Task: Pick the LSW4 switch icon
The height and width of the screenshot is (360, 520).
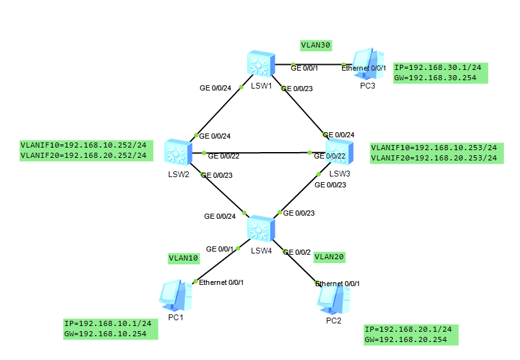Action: (x=260, y=229)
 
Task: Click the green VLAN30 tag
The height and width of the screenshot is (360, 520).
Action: (x=316, y=46)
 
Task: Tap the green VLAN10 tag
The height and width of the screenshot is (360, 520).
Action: (x=184, y=258)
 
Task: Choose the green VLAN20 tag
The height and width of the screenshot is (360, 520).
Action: (x=330, y=257)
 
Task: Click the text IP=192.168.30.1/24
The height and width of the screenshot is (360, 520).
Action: (x=440, y=67)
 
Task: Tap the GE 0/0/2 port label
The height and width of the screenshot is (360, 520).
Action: (x=297, y=252)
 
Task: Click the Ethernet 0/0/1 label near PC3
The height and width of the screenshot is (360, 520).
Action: (x=363, y=68)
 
